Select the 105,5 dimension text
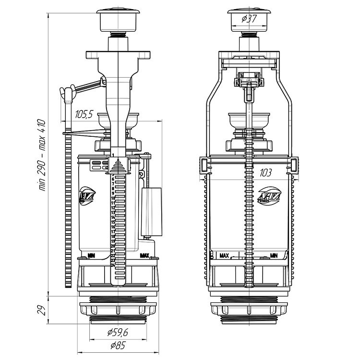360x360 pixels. [84, 114]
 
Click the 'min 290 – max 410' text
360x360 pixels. [42, 154]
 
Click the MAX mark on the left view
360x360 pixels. [144, 255]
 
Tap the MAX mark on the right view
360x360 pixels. [224, 255]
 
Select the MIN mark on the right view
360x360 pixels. [275, 255]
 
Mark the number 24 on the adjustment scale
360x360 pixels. [112, 265]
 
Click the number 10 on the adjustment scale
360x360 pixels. [112, 198]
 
